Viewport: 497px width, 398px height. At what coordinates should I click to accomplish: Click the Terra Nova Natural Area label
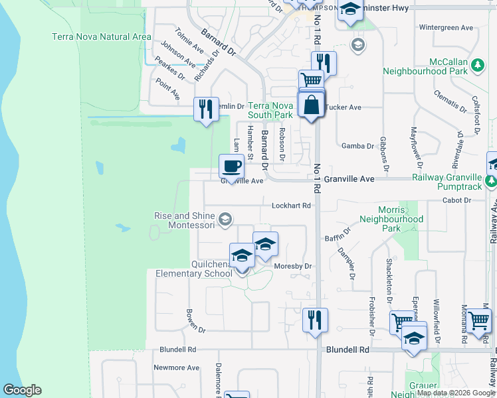101,36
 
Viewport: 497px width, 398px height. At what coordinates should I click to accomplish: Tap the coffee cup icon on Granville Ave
231,166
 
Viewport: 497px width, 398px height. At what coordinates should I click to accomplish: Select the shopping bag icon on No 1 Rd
311,105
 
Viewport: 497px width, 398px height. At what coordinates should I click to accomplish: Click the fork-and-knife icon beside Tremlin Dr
206,109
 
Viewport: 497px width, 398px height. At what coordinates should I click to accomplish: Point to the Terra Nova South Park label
270,110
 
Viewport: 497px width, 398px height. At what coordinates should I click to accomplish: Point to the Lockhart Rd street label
292,206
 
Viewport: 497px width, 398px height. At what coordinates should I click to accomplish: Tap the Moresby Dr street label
293,266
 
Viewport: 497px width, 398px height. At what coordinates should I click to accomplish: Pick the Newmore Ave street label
176,367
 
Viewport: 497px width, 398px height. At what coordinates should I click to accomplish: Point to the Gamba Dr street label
357,146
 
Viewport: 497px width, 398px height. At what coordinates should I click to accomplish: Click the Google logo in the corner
22,390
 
